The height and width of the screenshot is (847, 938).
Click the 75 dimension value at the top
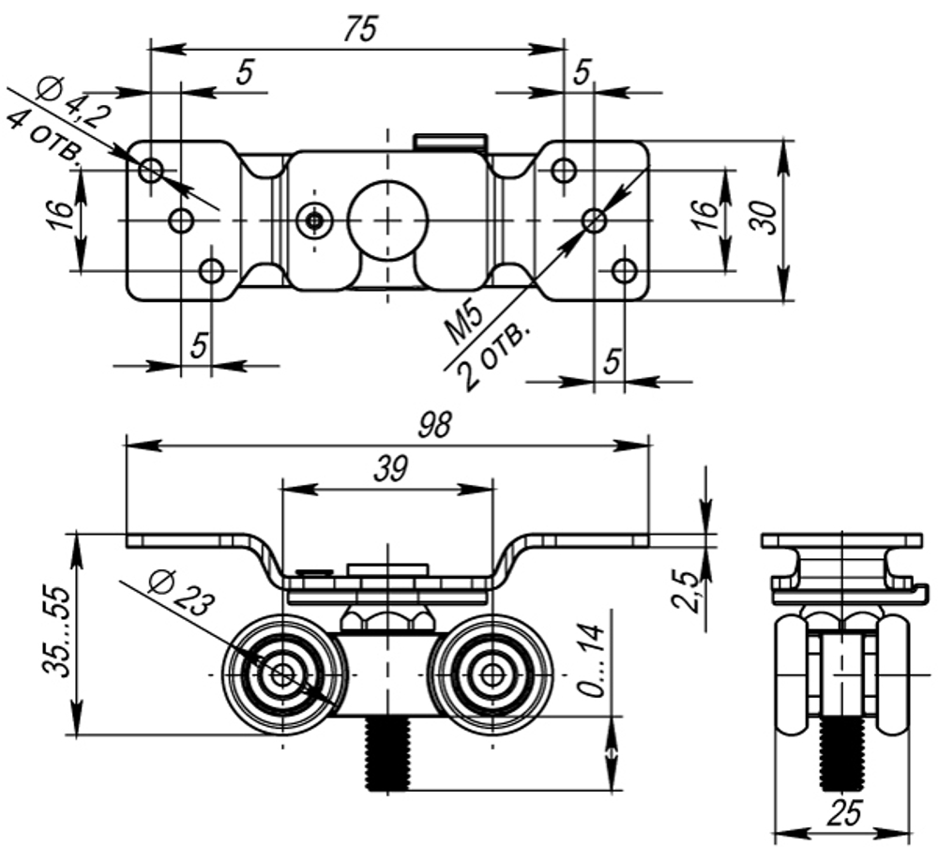(358, 29)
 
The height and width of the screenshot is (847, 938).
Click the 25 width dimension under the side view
(844, 813)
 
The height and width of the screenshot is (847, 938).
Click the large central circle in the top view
(387, 219)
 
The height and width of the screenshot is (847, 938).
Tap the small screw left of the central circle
(315, 220)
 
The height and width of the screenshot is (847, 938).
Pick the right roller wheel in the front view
(492, 673)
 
